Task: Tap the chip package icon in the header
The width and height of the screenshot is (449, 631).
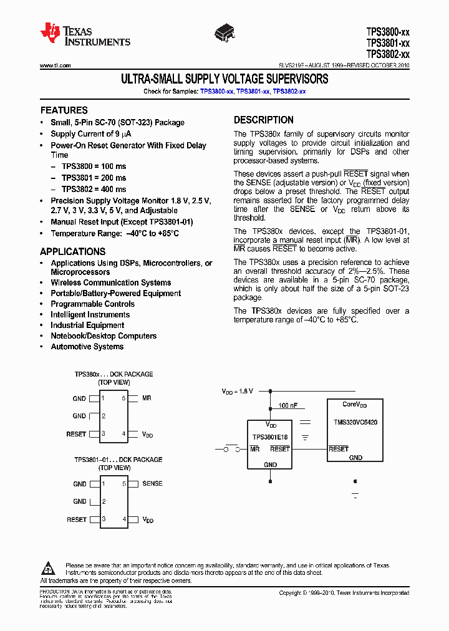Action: click(x=225, y=31)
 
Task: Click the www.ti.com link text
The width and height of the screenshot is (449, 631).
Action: click(x=55, y=65)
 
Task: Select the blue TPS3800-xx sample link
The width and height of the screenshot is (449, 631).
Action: click(x=216, y=92)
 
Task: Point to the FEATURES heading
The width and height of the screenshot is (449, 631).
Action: click(x=64, y=110)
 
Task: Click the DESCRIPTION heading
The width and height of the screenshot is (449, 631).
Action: click(x=263, y=120)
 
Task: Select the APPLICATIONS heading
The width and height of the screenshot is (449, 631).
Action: click(x=72, y=252)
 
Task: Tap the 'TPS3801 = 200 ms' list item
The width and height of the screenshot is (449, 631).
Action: click(x=94, y=178)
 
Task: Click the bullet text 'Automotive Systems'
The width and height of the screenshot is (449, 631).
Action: click(x=87, y=347)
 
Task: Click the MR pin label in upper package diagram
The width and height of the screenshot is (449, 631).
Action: click(x=147, y=398)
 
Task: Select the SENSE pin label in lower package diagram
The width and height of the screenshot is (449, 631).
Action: click(x=152, y=483)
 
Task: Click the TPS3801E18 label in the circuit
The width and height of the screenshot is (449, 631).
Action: click(x=270, y=436)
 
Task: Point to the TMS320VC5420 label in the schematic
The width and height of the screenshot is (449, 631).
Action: click(x=355, y=422)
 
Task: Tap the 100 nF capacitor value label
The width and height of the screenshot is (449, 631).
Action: click(x=287, y=405)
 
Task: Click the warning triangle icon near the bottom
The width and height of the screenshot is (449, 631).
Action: click(x=49, y=568)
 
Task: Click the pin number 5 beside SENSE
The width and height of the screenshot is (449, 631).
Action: click(x=123, y=483)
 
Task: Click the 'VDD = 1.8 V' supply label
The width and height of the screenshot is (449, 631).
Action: click(x=238, y=392)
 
